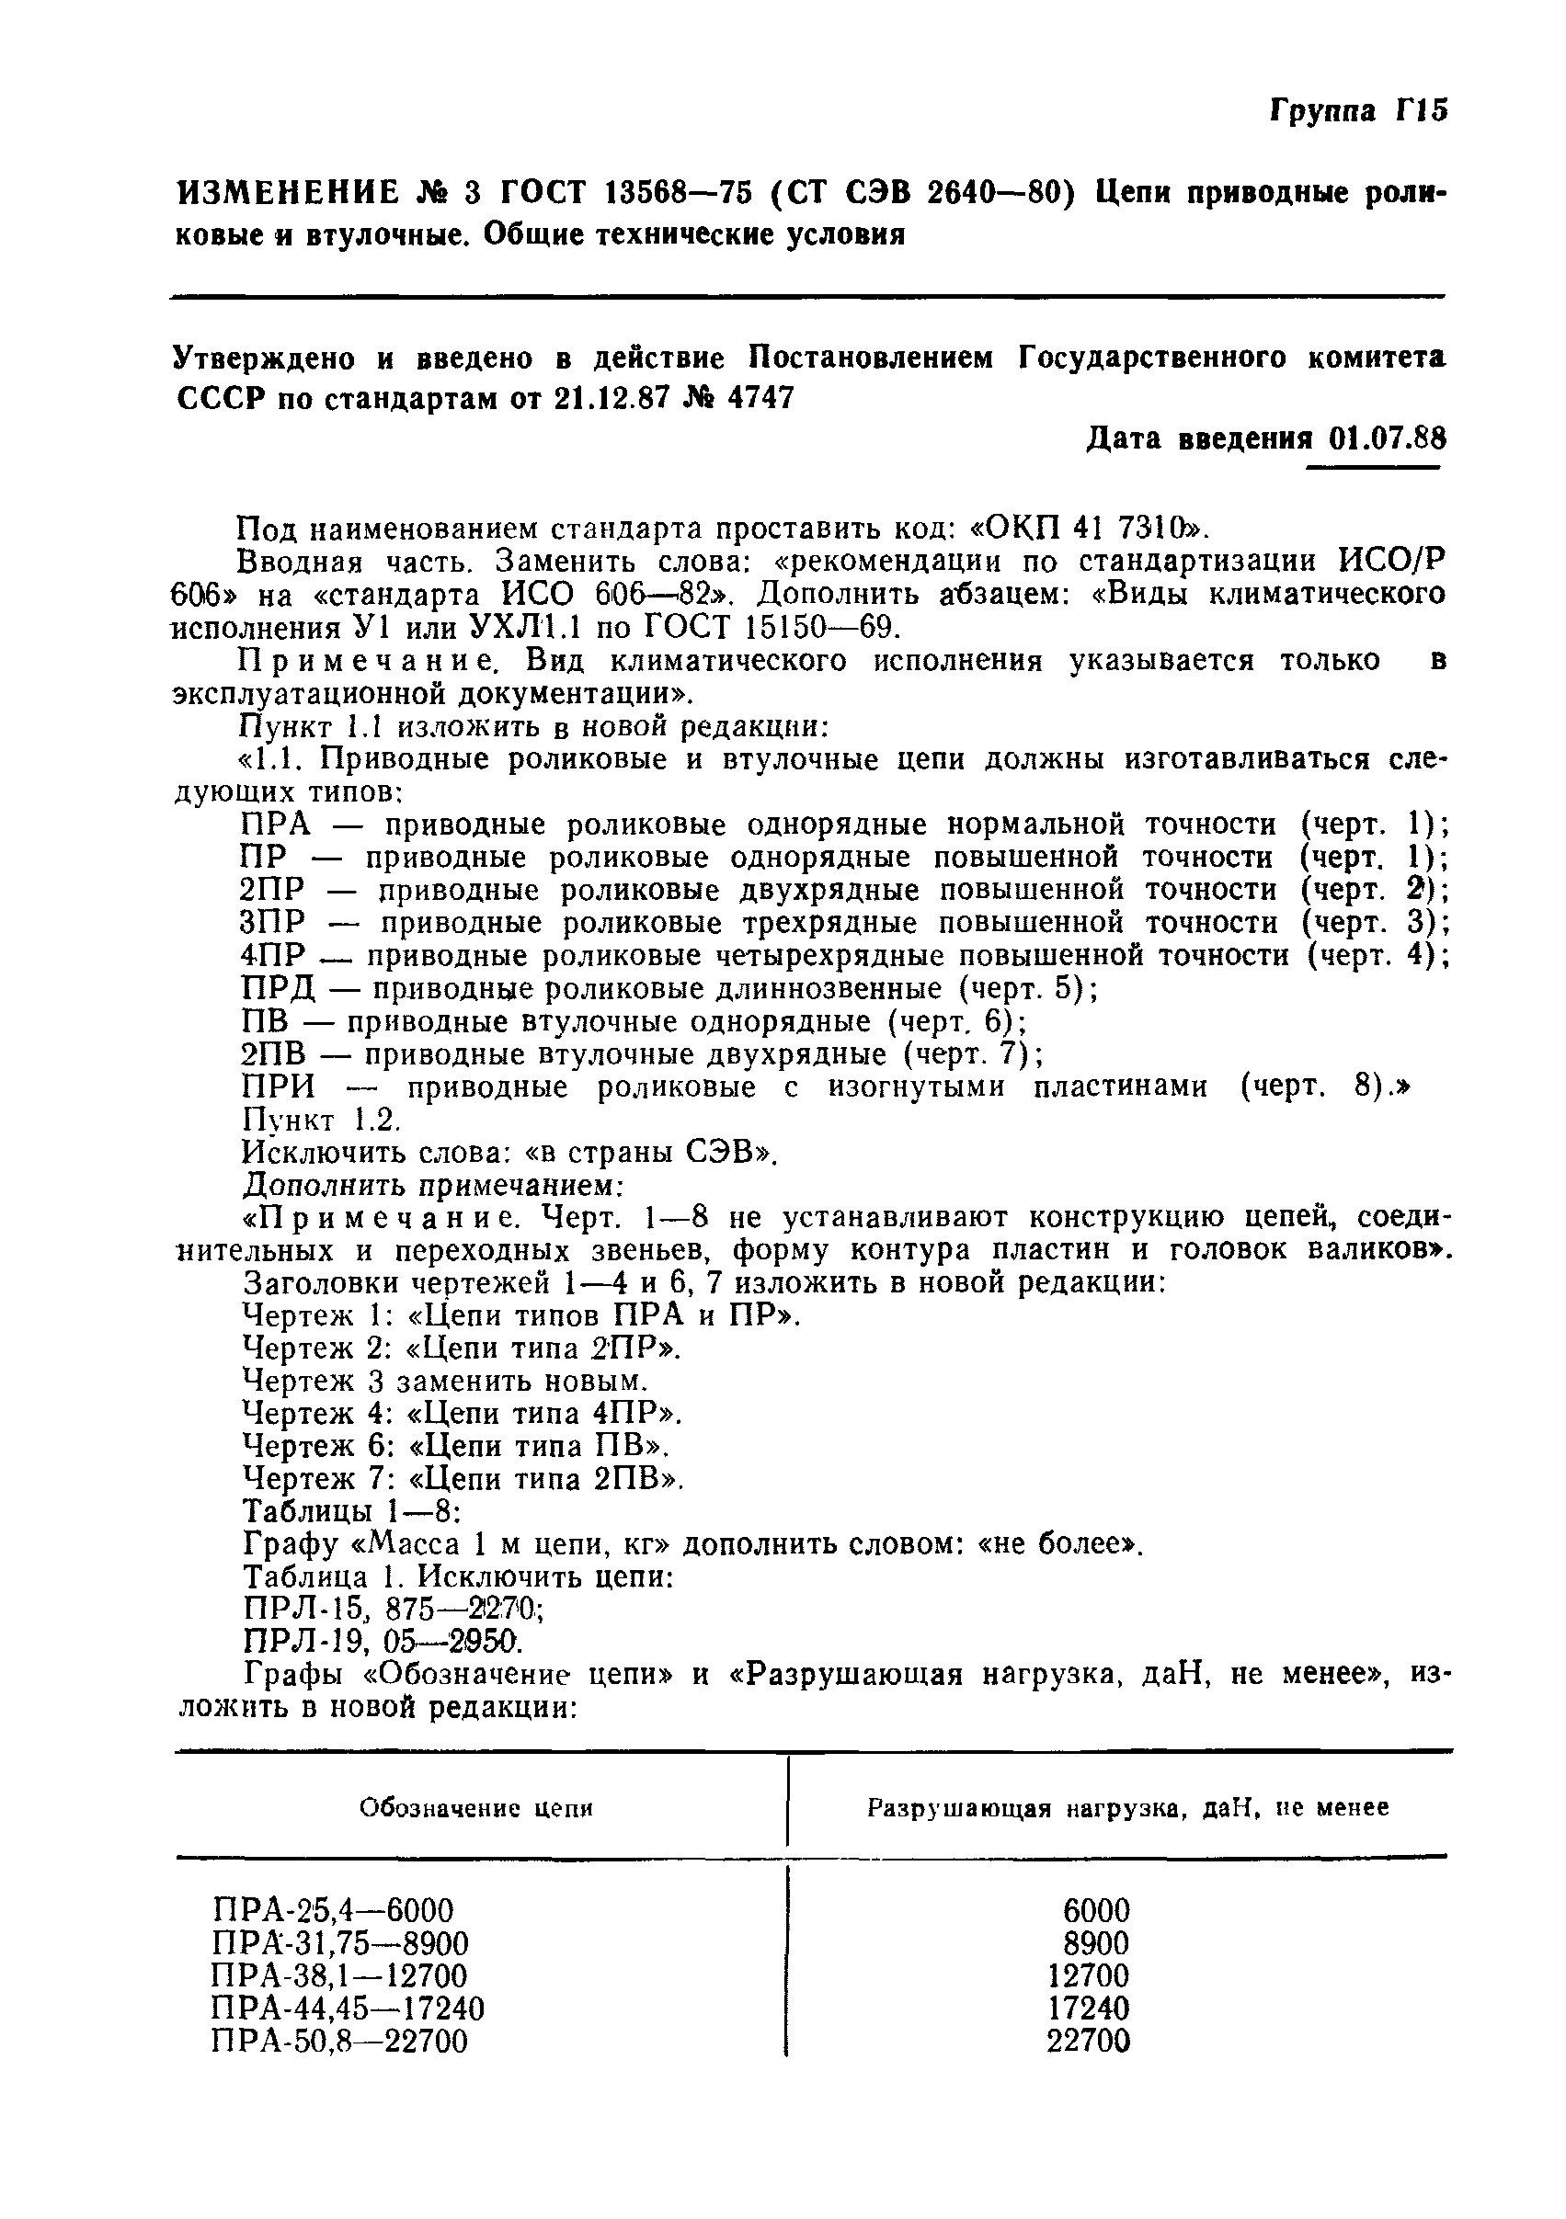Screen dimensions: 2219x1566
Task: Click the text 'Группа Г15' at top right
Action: [x=1357, y=111]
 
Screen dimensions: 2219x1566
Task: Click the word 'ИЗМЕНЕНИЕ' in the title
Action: [x=287, y=194]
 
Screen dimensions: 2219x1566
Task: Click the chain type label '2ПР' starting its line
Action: [x=272, y=890]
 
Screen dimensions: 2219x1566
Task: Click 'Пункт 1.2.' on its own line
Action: [x=320, y=1121]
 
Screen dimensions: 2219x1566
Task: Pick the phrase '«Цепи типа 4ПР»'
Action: [x=543, y=1414]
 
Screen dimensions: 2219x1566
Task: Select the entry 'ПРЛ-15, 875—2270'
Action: [x=392, y=1610]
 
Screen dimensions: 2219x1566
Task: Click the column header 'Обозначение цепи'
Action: [x=475, y=1808]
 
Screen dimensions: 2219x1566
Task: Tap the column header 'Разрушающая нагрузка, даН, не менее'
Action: [x=1127, y=1808]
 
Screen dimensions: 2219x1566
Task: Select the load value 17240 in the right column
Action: [x=1089, y=2009]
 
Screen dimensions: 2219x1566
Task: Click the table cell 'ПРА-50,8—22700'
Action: [x=339, y=2043]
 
